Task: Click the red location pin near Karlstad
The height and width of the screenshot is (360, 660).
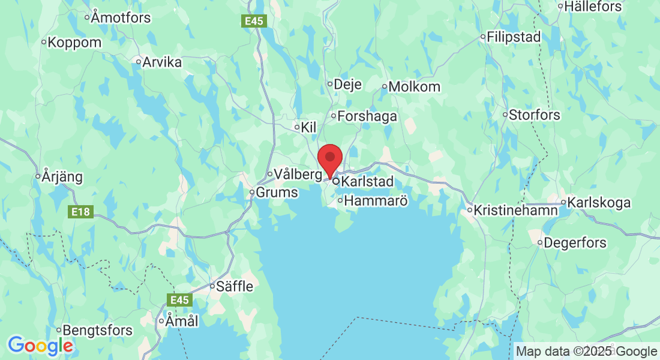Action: (329, 158)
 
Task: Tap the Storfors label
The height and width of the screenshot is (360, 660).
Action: (534, 115)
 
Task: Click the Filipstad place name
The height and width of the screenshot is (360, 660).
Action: (514, 37)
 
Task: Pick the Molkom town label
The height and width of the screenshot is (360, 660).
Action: (414, 86)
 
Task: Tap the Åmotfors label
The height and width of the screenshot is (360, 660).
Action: (121, 17)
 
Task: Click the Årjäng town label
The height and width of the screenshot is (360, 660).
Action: (62, 177)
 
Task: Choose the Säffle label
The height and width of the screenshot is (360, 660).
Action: (235, 287)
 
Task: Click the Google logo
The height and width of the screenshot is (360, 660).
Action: (40, 346)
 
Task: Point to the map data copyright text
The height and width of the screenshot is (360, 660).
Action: (586, 352)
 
